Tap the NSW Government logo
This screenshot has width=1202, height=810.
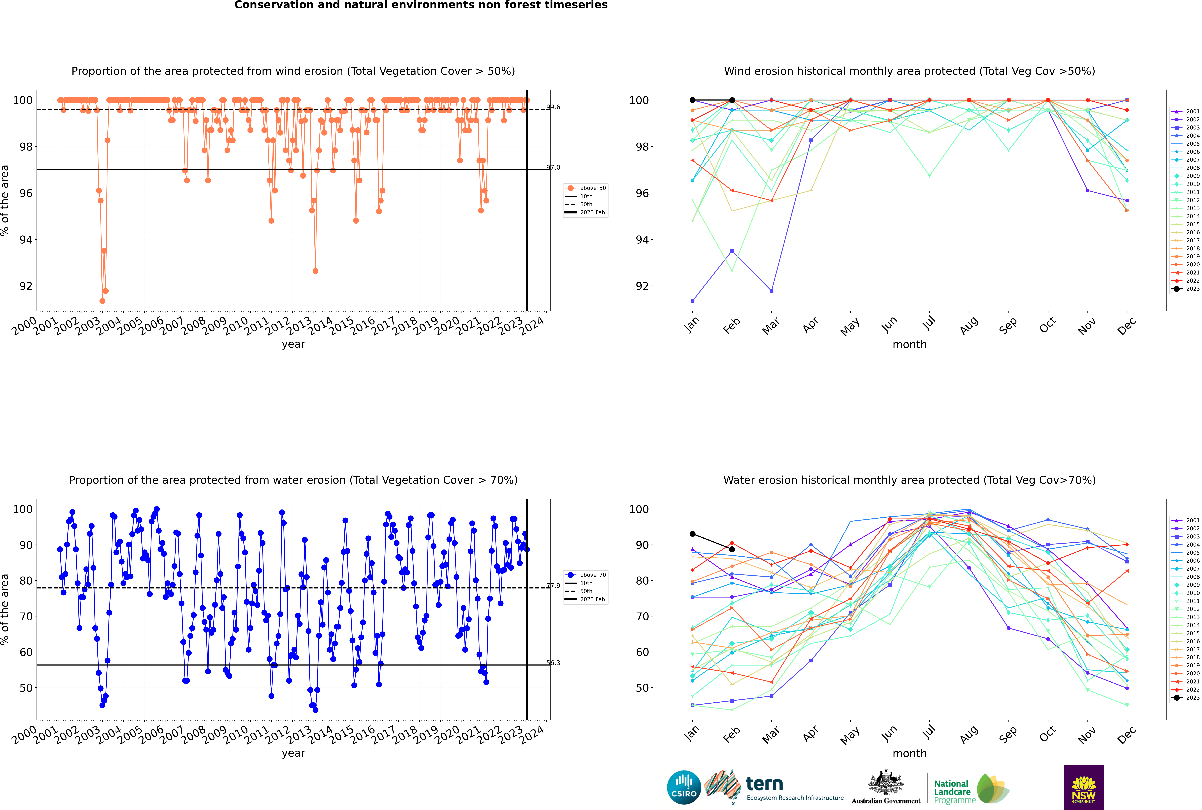point(1084,787)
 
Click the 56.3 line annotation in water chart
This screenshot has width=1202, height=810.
point(553,663)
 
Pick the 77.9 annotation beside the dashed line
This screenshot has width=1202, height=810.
point(553,586)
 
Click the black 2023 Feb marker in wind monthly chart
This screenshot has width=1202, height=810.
point(732,100)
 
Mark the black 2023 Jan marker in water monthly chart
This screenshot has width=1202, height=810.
point(692,534)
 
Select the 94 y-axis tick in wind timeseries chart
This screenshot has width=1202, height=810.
point(26,240)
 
